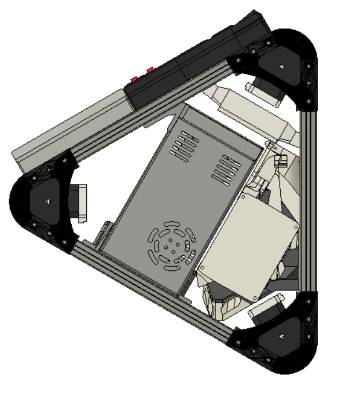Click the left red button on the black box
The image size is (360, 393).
click(134, 78)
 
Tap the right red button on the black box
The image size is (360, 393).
click(150, 70)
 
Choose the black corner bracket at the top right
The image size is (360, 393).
click(284, 67)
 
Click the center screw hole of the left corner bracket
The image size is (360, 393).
click(47, 201)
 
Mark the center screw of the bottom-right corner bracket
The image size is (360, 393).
click(281, 336)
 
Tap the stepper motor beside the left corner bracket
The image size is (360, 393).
click(80, 203)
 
